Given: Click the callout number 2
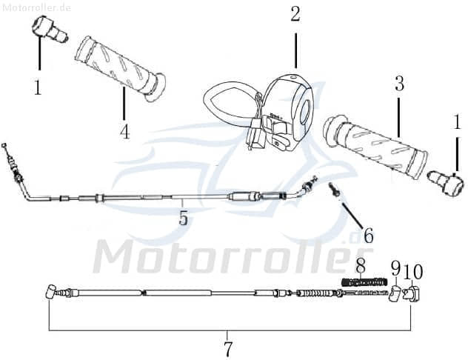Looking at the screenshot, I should point(295,14).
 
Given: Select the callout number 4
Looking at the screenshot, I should point(124,132).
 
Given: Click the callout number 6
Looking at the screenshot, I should point(368,236).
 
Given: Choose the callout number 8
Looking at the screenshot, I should point(361,264).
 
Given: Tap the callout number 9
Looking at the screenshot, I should point(395,268).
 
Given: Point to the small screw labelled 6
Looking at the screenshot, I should point(335,191).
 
